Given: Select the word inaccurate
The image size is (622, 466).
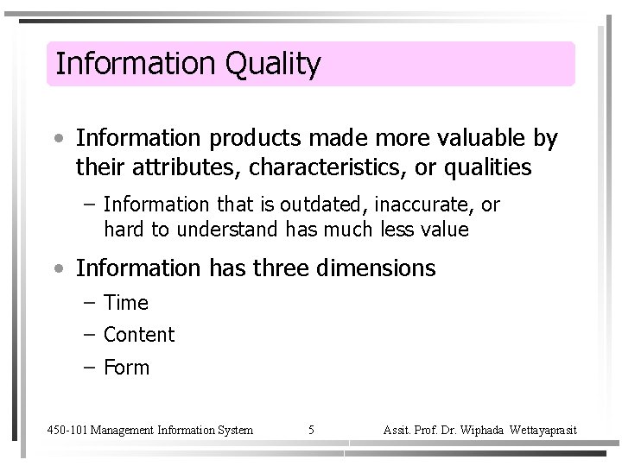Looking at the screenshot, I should pyautogui.click(x=429, y=205).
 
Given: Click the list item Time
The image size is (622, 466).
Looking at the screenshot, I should pyautogui.click(x=125, y=303).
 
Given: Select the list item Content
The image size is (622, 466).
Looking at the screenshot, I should pyautogui.click(x=138, y=335).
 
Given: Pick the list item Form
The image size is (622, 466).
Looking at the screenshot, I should pyautogui.click(x=126, y=368).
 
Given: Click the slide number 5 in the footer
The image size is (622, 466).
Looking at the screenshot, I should pyautogui.click(x=311, y=429).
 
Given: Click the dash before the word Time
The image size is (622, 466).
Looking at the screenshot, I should pyautogui.click(x=90, y=303).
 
